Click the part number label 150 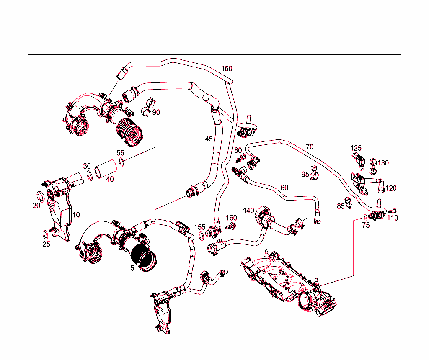coord(227,69)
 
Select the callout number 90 coord(156,112)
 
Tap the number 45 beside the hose coord(209,139)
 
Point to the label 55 coord(120,153)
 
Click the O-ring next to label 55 coord(121,162)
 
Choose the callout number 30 coord(87,166)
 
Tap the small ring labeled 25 coord(45,234)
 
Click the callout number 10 coord(76,215)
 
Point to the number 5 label coord(132,268)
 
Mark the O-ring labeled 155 coord(201,237)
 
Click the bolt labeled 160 coord(230,226)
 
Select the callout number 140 coord(248,211)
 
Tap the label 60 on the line coord(284,188)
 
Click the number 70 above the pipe coord(309,147)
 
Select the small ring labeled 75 coord(366,217)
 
